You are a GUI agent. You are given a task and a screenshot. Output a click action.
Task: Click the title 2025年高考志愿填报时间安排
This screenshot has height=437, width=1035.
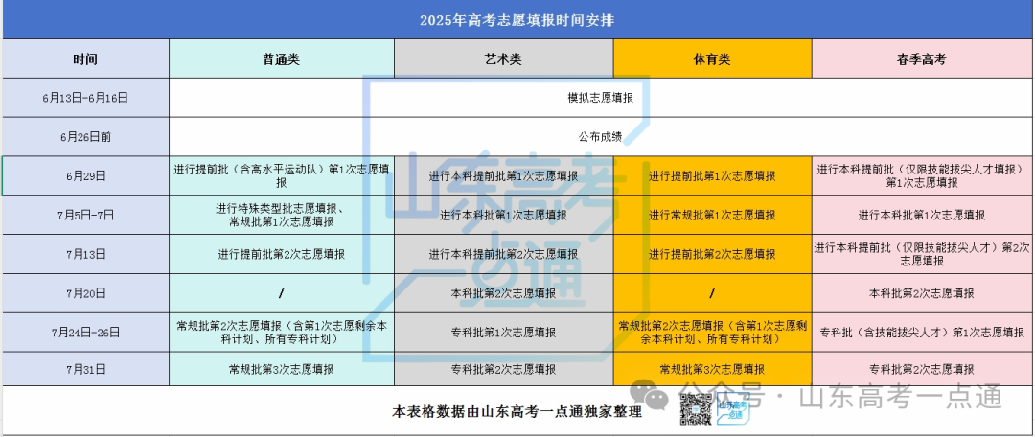pos(517,20)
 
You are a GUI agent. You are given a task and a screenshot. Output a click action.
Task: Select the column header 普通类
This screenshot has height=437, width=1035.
pos(281,59)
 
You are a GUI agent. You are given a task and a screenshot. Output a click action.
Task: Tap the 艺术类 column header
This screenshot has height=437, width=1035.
pos(503,59)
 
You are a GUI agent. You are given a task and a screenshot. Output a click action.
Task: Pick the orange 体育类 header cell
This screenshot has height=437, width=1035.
pos(712,58)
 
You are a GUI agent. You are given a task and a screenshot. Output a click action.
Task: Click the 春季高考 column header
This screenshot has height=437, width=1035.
pos(922,59)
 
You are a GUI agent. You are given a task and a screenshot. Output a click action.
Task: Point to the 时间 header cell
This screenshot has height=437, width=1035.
pos(86,58)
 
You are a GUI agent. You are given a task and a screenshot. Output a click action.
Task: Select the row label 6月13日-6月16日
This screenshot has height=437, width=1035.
pos(85,98)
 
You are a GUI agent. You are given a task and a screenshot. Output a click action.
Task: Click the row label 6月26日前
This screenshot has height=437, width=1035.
pos(85,137)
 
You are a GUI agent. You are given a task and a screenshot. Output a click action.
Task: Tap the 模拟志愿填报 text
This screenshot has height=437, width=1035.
pos(601,98)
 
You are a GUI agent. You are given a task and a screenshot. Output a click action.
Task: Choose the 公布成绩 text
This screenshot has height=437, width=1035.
pos(601,137)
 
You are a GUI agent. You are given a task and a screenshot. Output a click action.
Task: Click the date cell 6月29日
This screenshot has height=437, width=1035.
pos(86,175)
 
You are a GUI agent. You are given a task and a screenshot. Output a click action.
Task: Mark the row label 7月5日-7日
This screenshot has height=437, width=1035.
pos(85,215)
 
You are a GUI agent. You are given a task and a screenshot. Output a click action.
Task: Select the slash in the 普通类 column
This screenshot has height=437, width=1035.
pos(281,293)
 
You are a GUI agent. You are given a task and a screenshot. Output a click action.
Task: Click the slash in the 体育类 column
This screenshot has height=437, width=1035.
pos(712,293)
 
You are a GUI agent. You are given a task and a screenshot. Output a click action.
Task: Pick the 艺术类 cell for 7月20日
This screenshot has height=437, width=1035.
pos(504,293)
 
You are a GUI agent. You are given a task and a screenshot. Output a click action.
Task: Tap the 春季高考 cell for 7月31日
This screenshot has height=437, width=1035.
pos(922,369)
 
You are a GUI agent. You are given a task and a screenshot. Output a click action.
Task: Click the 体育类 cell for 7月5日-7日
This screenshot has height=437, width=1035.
pos(712,215)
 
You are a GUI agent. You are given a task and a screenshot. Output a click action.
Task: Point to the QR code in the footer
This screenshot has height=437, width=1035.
pos(696,408)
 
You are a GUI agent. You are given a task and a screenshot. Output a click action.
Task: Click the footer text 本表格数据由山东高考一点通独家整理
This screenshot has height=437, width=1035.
pos(517,411)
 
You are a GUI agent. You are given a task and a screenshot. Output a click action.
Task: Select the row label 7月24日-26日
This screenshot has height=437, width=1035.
pos(85,332)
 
